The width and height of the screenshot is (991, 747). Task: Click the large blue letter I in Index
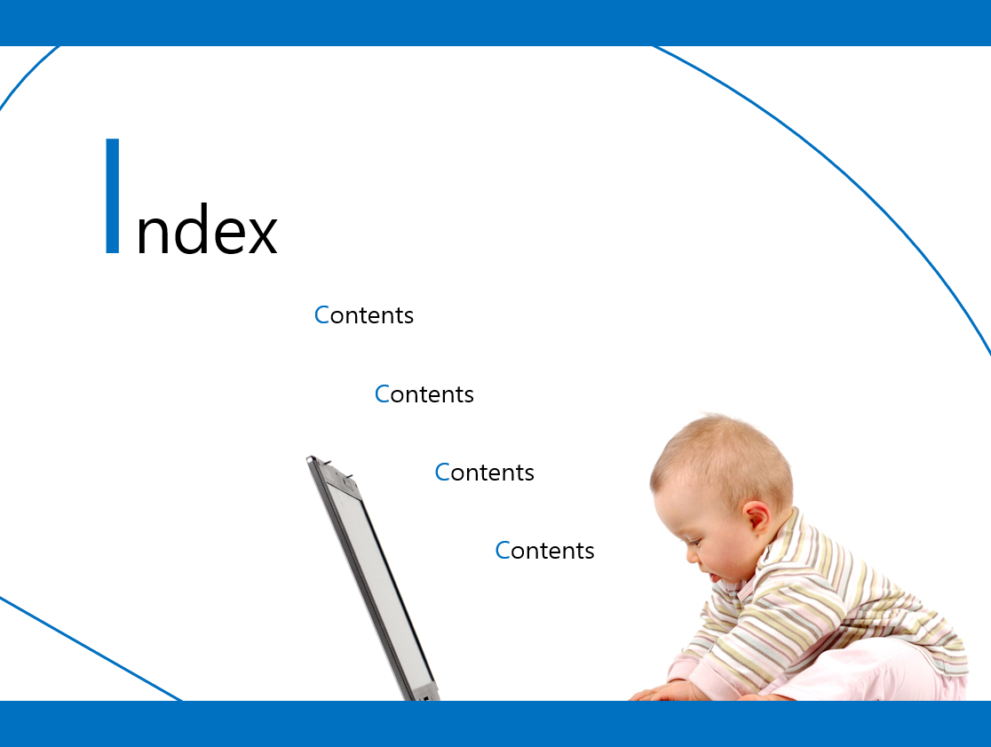click(x=113, y=196)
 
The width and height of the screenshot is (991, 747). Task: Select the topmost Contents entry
click(x=364, y=314)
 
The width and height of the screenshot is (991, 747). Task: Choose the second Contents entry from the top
click(x=424, y=393)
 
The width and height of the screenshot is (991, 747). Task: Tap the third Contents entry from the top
click(x=485, y=472)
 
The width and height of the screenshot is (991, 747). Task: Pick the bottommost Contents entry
click(x=545, y=551)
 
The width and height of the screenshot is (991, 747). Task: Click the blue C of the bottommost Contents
click(x=503, y=551)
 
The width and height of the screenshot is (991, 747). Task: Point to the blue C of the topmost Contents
click(x=321, y=314)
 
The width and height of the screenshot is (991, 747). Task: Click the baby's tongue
click(x=712, y=577)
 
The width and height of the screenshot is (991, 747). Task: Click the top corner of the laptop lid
click(x=310, y=458)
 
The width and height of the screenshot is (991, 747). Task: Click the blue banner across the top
click(x=495, y=23)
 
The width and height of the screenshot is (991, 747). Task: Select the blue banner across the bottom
click(x=495, y=724)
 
